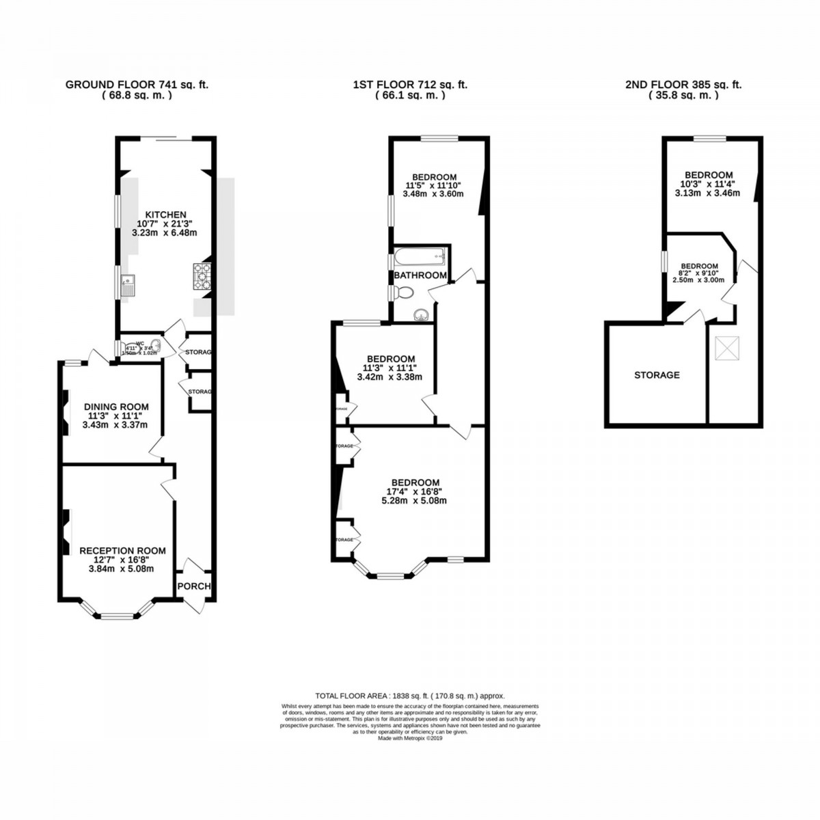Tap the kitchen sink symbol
click(128, 285)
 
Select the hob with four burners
click(202, 277)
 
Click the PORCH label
click(194, 586)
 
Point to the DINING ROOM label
click(115, 407)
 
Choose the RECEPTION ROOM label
click(122, 550)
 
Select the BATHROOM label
click(420, 275)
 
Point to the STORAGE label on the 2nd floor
click(657, 374)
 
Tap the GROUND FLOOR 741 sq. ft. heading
click(137, 85)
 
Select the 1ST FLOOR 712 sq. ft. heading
click(410, 85)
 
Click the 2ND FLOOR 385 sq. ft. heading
click(683, 85)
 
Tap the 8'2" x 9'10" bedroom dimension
click(698, 273)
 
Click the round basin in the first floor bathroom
click(422, 314)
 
